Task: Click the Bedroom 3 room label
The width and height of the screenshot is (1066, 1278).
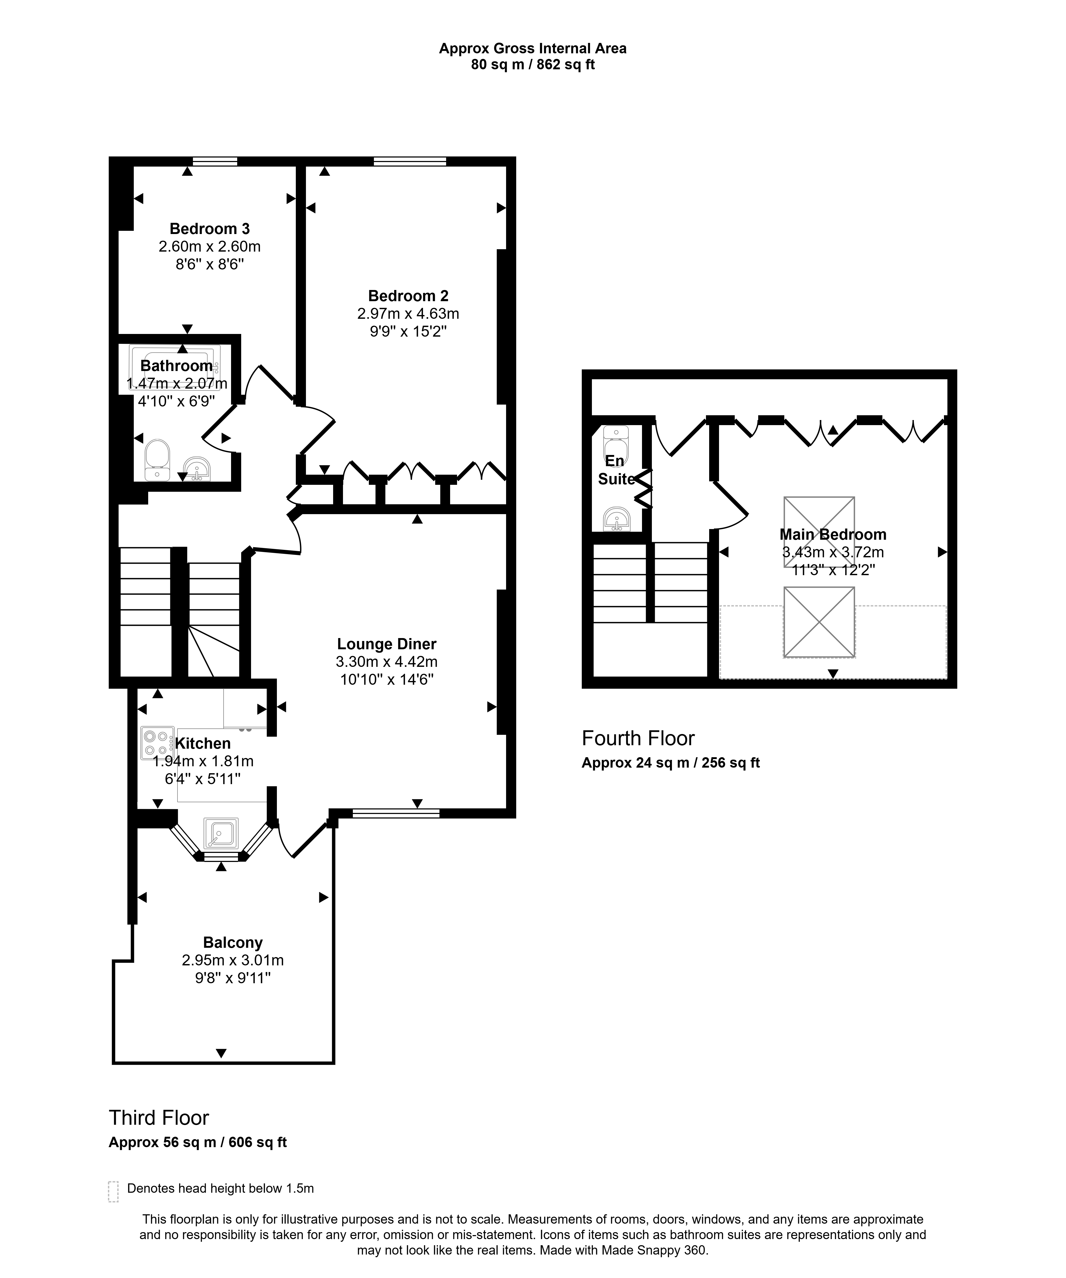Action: (x=209, y=229)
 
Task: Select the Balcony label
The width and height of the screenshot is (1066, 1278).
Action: (x=233, y=943)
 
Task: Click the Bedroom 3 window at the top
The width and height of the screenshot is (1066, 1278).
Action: (x=215, y=161)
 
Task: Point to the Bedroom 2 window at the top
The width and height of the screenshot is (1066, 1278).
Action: (x=410, y=161)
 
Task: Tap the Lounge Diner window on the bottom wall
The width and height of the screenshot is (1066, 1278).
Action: (x=396, y=813)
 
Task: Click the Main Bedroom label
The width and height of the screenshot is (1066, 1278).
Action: (x=833, y=534)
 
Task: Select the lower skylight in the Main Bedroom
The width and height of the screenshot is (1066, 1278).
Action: (x=819, y=622)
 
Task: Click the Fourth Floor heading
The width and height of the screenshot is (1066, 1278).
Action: (x=638, y=738)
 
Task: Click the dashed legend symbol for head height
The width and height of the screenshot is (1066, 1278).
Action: (x=113, y=1209)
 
